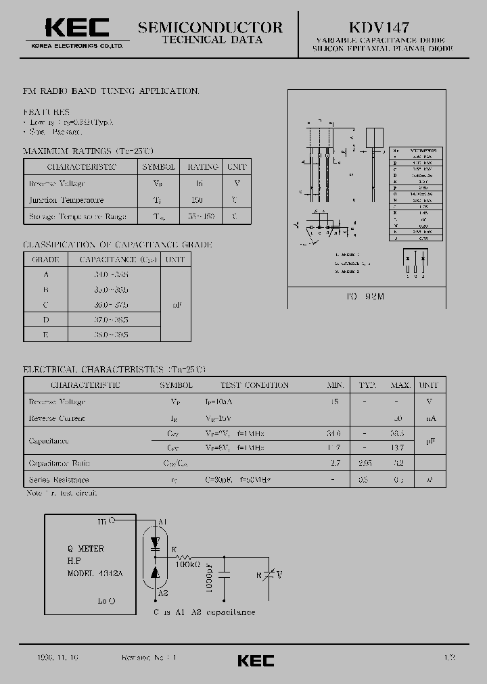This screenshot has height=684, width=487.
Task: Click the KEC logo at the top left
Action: pos(76,28)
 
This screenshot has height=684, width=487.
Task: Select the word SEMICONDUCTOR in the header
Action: pos(210,27)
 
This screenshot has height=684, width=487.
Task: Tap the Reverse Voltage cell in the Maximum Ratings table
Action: pos(57,184)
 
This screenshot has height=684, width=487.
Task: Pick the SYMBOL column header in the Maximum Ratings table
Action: pos(159,167)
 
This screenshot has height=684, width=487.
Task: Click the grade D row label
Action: pos(46,319)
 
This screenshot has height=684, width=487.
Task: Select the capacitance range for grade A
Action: pos(112,275)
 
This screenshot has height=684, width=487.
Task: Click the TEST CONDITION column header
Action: pos(254,385)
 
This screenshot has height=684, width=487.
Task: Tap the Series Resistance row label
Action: pos(59,479)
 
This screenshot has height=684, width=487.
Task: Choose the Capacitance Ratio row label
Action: pos(60,464)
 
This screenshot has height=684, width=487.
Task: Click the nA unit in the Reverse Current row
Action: pos(430,418)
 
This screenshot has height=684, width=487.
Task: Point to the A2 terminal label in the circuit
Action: pos(162,593)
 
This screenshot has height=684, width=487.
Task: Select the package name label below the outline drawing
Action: pos(366,297)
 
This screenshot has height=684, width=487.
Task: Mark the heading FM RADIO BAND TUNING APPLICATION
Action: pos(112,91)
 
